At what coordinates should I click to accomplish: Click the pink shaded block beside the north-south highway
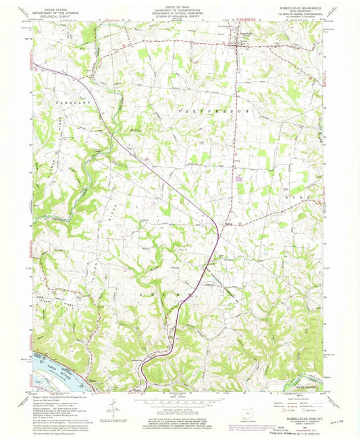tap(238, 180)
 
